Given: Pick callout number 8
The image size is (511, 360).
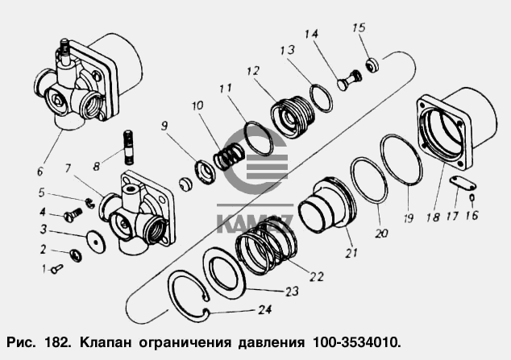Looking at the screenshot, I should (97, 167).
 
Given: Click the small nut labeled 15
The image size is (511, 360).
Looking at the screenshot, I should (373, 64).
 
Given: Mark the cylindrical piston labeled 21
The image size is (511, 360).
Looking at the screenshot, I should (324, 208).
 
